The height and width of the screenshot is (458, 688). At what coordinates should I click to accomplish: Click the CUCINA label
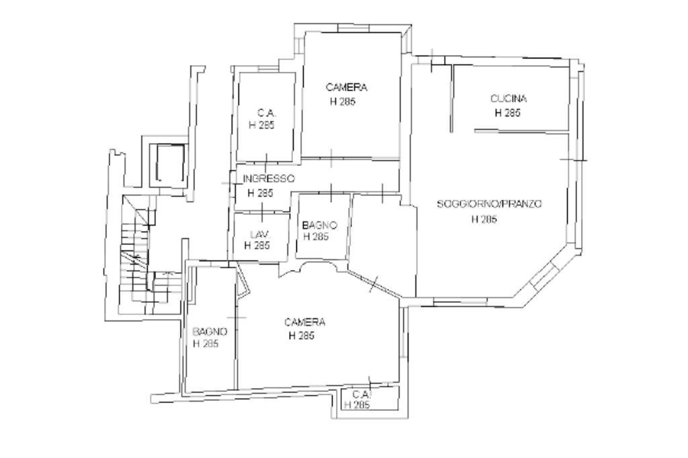[x=508, y=99]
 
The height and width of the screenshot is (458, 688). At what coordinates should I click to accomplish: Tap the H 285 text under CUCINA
[x=507, y=113]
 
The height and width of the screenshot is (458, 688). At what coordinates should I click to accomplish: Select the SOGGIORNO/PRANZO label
[x=489, y=204]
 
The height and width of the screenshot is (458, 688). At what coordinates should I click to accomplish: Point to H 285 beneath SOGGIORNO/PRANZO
[x=484, y=219]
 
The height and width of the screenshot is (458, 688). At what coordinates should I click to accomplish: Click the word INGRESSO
[x=269, y=179]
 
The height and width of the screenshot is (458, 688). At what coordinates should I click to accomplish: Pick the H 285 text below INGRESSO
[x=260, y=193]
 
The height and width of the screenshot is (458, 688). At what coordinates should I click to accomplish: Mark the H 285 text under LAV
[x=257, y=246]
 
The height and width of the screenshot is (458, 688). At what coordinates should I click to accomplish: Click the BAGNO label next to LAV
[x=320, y=226]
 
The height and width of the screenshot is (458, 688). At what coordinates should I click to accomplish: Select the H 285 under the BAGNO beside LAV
[x=316, y=237]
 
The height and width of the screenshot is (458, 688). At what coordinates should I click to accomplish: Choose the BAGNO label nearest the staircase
[x=210, y=331]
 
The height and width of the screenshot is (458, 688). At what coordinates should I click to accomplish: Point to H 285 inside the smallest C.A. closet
[x=357, y=405]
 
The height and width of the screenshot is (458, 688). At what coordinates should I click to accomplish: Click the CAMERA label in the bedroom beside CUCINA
[x=347, y=87]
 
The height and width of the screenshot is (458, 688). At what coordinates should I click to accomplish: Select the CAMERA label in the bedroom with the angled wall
[x=305, y=322]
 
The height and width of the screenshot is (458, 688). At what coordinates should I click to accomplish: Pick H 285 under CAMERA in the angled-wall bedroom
[x=302, y=336]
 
